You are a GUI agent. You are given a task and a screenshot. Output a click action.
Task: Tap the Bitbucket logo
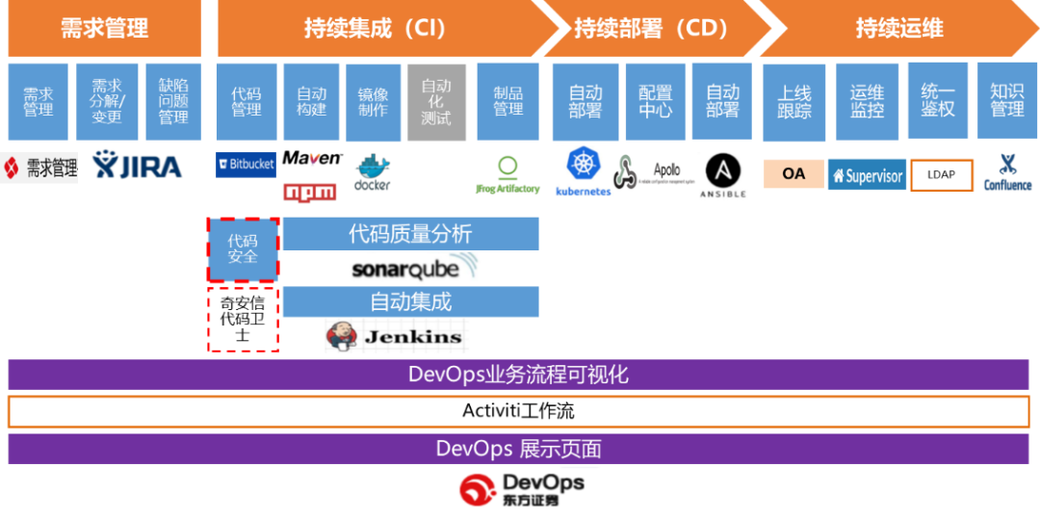246,164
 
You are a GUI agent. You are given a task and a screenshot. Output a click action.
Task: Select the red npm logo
310,192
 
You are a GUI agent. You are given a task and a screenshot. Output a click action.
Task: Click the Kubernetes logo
583,170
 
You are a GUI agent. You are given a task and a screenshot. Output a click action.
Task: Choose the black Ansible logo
722,175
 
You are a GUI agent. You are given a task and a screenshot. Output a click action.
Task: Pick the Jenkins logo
396,336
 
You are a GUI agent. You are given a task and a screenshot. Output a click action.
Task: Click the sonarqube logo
416,268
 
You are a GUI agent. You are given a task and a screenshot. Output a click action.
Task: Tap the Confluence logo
1007,172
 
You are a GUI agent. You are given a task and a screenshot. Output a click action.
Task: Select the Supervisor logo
867,175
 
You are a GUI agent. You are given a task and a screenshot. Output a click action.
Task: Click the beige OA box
793,174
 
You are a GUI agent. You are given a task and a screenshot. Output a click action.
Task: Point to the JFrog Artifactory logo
508,175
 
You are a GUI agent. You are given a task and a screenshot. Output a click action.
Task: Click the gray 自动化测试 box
436,102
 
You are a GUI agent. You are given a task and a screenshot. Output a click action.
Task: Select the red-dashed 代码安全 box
243,248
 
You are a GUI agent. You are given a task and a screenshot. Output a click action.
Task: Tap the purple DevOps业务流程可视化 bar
518,375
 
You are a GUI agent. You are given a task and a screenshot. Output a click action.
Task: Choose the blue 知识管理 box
1007,101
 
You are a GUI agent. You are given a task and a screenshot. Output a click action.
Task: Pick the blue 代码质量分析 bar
410,233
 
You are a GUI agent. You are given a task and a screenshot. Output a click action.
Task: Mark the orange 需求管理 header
104,28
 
